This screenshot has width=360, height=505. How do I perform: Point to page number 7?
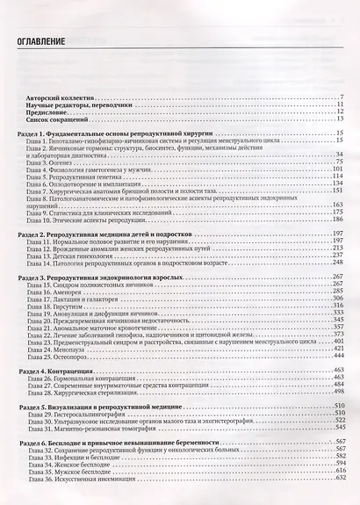[341, 95]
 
